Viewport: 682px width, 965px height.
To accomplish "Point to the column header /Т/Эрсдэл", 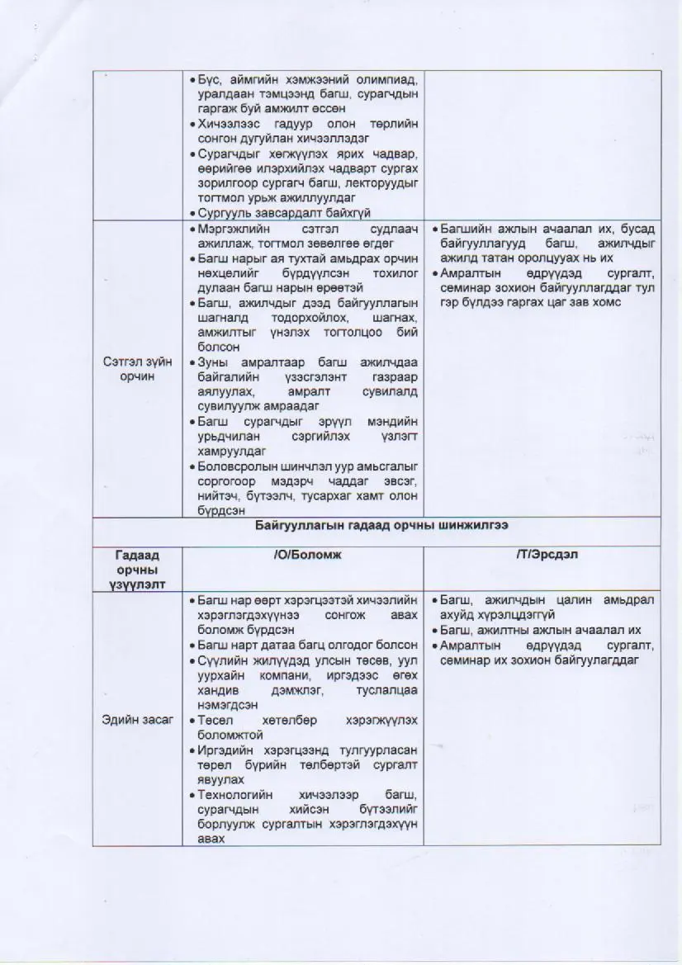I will point(543,555).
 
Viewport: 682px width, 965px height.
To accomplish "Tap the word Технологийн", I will point(234,795).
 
